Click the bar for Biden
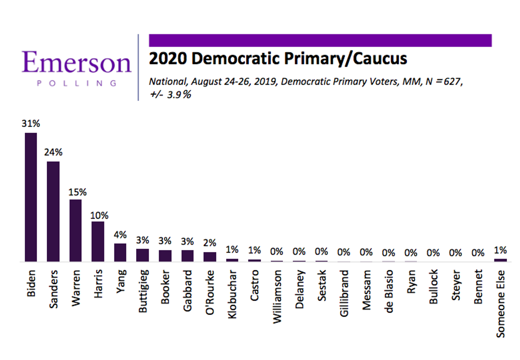[31, 197]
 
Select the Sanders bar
[53, 211]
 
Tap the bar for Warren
[75, 230]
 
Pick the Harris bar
[98, 241]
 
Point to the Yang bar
[120, 252]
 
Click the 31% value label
[31, 123]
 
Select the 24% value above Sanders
[53, 152]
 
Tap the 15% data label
[78, 192]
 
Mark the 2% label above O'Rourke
[210, 243]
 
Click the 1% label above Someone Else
[500, 250]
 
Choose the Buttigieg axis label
[143, 291]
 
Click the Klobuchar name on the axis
[232, 294]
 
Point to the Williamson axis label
[277, 297]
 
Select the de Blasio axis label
[389, 291]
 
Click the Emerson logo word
[77, 62]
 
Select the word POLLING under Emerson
[77, 83]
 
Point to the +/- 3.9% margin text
[170, 95]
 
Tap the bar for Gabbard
[187, 256]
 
